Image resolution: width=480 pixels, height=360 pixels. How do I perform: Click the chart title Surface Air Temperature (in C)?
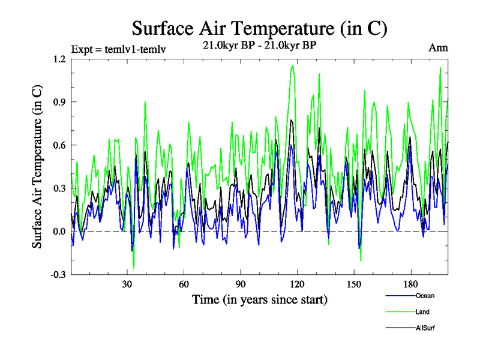[259, 28]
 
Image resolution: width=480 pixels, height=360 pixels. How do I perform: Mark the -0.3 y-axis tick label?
[58, 275]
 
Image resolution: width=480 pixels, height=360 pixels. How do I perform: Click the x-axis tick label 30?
[127, 285]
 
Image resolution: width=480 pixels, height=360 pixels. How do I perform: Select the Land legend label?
[422, 312]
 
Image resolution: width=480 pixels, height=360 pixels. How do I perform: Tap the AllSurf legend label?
[425, 328]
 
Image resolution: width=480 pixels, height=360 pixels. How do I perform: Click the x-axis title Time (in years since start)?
[259, 299]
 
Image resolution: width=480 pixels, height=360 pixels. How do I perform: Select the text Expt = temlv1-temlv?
[118, 49]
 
